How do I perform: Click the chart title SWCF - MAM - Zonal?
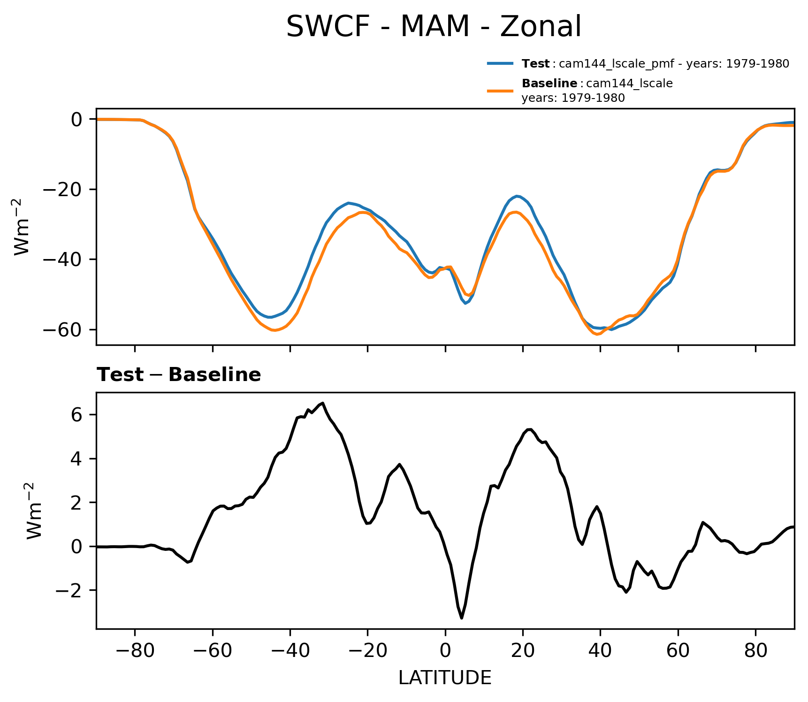click(434, 27)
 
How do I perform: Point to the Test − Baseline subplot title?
click(179, 375)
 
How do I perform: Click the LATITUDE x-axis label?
click(445, 678)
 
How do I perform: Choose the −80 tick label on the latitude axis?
click(135, 651)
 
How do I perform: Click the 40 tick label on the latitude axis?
click(600, 651)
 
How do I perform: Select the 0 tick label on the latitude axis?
click(445, 651)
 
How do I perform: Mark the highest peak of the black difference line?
click(323, 403)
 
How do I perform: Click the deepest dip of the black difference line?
click(462, 618)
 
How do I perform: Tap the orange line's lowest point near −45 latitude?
click(274, 330)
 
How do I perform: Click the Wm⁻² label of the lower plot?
click(34, 510)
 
